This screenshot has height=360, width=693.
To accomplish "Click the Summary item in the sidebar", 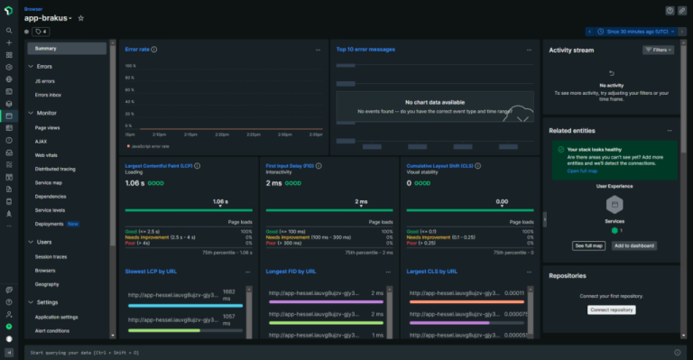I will click(x=46, y=48).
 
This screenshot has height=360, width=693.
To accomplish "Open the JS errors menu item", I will click(x=45, y=80).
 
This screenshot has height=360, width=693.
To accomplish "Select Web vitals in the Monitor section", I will click(x=47, y=155).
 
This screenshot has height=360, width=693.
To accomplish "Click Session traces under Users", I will click(x=51, y=255).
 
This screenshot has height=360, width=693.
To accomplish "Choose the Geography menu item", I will click(x=47, y=283).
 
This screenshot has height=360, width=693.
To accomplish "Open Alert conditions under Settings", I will click(x=53, y=330).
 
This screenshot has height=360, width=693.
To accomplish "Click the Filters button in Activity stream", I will click(x=658, y=51).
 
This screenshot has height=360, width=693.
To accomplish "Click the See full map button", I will click(x=588, y=245).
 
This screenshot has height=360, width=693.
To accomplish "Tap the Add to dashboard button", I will click(x=633, y=245).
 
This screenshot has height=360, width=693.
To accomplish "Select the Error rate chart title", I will click(x=137, y=50).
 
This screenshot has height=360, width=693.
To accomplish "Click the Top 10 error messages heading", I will click(x=365, y=50).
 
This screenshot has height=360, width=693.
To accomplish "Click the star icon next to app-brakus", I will click(x=80, y=18).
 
